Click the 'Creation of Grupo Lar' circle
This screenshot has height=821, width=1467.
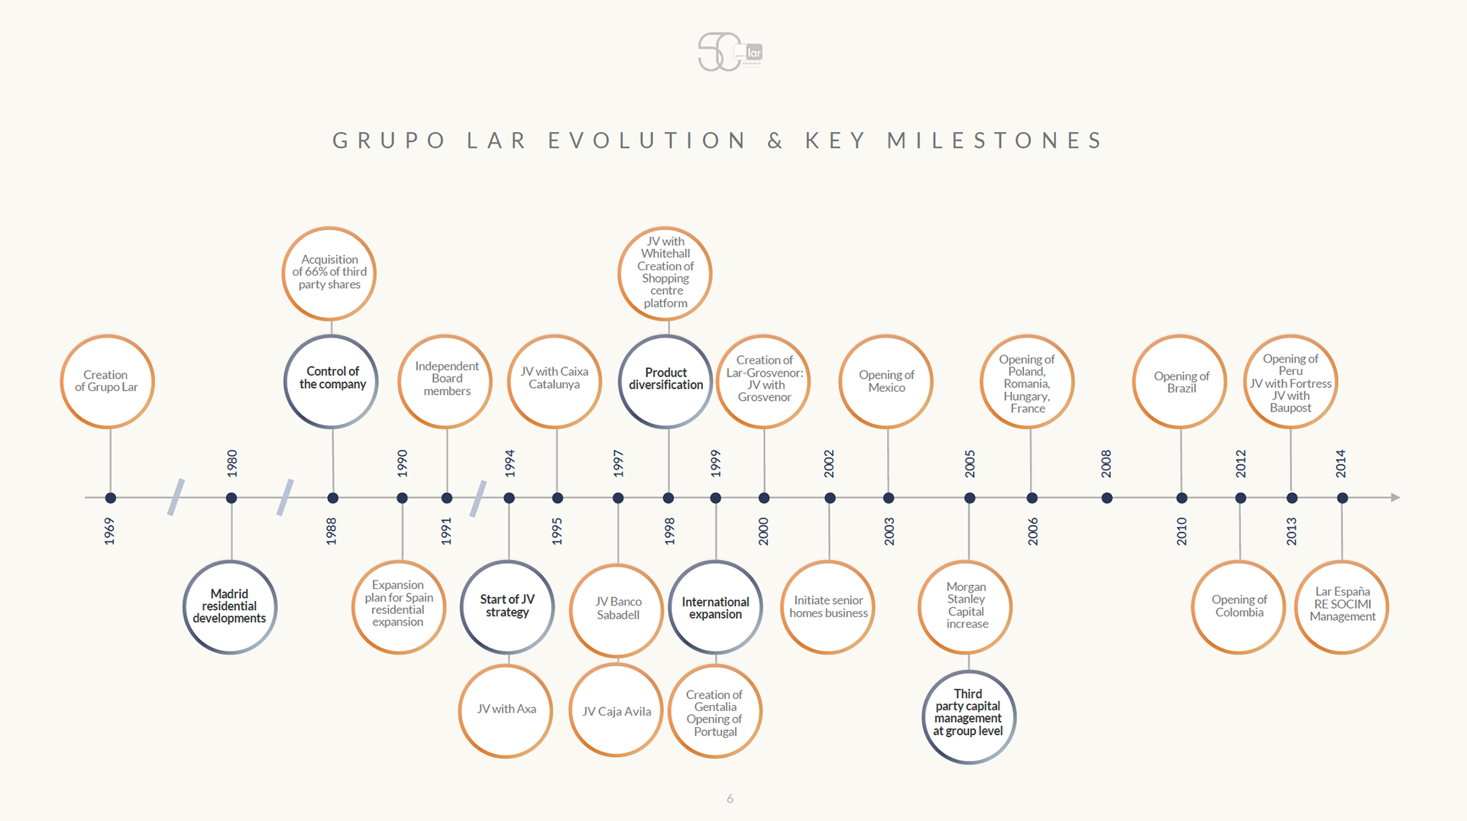click(107, 381)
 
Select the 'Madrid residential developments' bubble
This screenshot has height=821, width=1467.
click(229, 606)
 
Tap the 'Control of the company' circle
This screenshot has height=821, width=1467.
click(332, 380)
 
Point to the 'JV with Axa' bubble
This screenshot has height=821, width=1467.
click(506, 709)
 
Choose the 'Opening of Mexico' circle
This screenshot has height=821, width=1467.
click(886, 381)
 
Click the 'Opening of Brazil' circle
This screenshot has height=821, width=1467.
click(1180, 381)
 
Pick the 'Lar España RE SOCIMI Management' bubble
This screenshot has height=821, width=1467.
click(1342, 606)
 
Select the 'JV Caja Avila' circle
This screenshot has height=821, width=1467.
click(617, 710)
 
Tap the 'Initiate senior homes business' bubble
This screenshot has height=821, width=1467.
click(828, 606)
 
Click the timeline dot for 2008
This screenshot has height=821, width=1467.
click(1107, 498)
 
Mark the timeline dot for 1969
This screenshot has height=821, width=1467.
click(111, 498)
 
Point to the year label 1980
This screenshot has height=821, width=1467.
click(232, 464)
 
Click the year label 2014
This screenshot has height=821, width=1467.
click(1341, 464)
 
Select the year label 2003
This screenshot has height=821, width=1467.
click(889, 531)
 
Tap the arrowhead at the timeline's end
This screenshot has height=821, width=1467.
click(1395, 497)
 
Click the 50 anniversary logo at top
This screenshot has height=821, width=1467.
click(730, 52)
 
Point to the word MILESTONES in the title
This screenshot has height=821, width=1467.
click(995, 141)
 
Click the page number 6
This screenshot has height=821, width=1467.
click(730, 799)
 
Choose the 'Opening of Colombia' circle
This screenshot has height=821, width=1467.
click(1239, 606)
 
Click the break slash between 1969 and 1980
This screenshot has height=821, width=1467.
click(176, 497)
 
